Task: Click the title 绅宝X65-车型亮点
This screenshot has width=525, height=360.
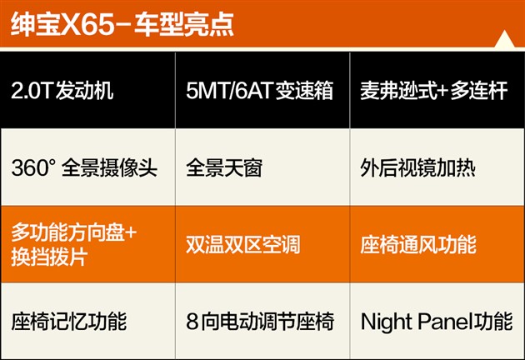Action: (x=122, y=24)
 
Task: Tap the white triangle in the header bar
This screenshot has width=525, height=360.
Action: (x=504, y=39)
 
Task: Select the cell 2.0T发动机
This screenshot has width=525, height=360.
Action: (x=87, y=90)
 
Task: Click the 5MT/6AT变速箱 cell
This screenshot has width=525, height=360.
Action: (x=262, y=90)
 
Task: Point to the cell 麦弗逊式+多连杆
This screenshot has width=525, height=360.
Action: (x=437, y=90)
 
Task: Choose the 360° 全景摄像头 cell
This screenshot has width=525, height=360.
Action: (x=87, y=167)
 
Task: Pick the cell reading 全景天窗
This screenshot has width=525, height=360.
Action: (x=262, y=167)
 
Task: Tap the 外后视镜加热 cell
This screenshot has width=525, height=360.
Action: (x=437, y=167)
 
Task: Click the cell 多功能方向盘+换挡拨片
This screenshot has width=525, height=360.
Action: (x=87, y=244)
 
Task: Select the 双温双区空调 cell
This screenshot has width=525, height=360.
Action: (x=262, y=244)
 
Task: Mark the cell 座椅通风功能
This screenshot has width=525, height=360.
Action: (x=437, y=244)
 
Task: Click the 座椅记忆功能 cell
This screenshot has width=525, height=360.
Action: (x=87, y=321)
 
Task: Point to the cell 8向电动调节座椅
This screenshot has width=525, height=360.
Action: (x=262, y=321)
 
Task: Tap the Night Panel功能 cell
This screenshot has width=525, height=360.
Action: (x=437, y=321)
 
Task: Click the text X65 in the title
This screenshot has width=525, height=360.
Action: (x=87, y=25)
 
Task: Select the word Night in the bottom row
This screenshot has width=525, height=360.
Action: (x=386, y=322)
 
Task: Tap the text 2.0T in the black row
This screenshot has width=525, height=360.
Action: (x=32, y=91)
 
